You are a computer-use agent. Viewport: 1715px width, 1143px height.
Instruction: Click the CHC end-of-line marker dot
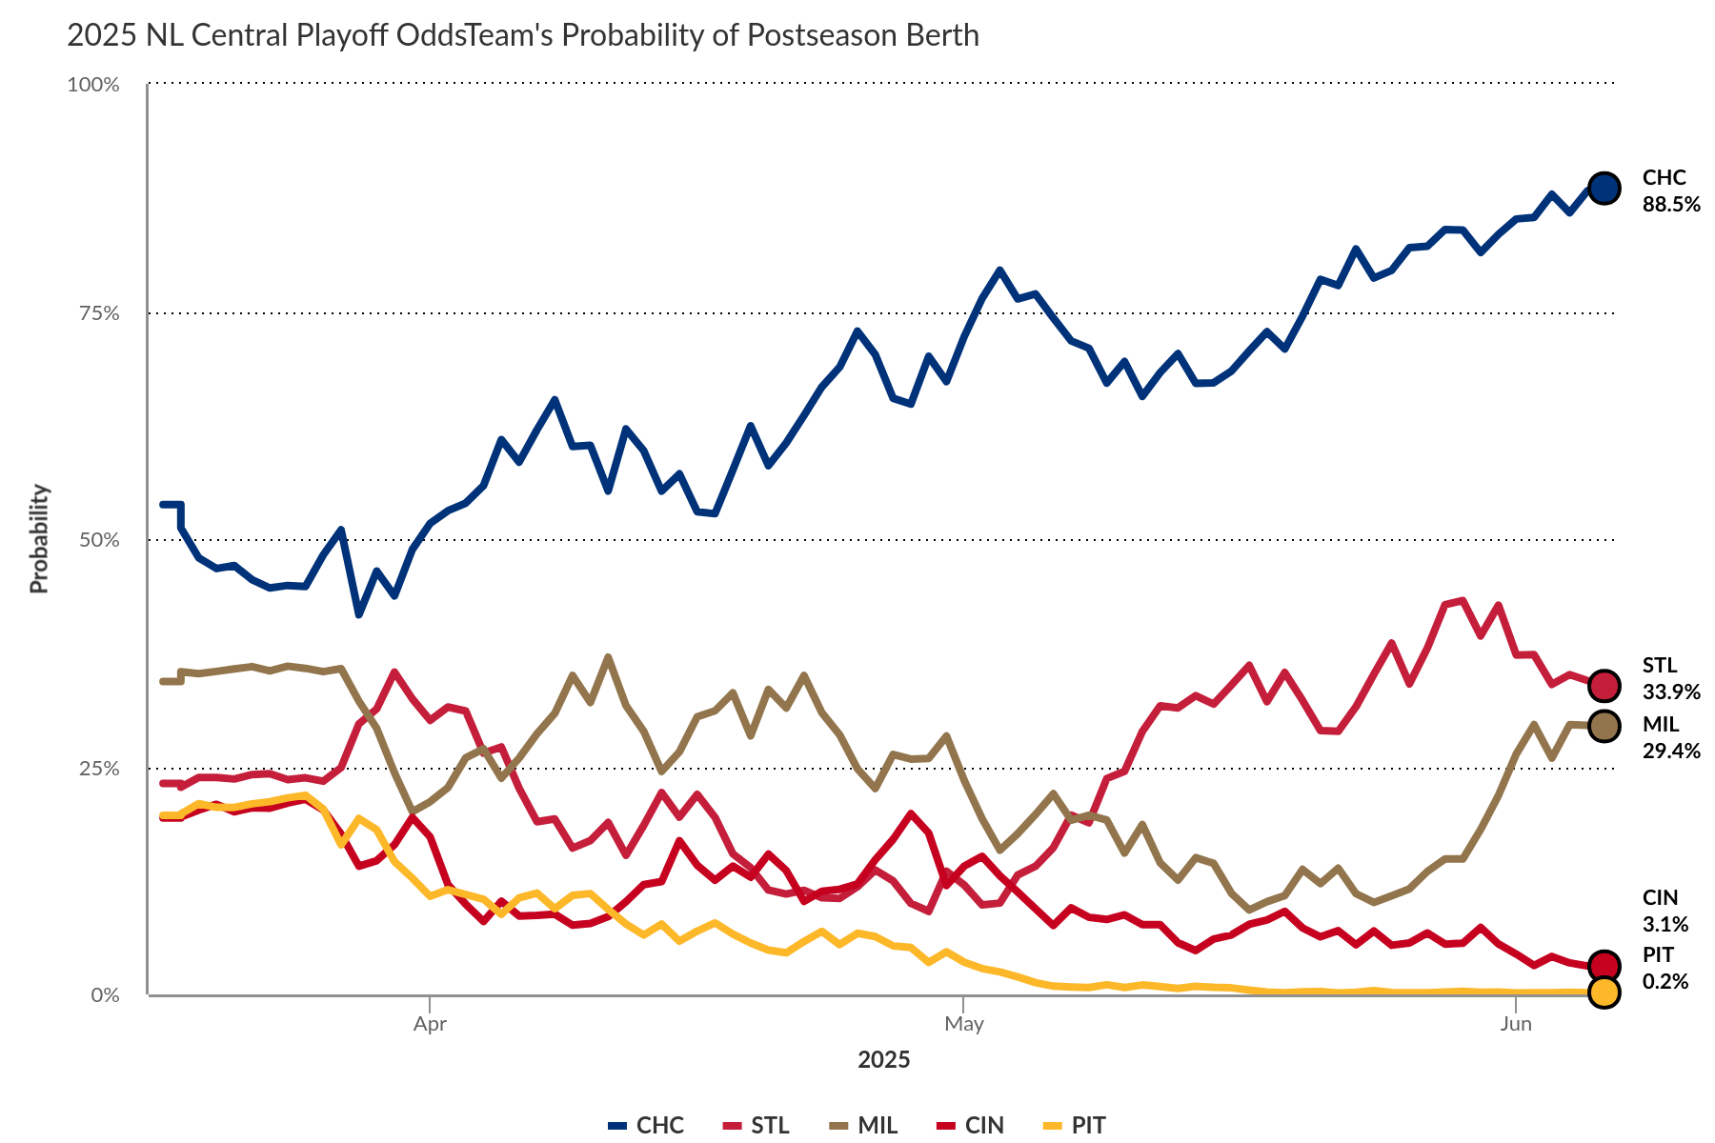coord(1604,189)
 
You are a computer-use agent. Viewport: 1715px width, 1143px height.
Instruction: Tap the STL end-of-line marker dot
coord(1604,685)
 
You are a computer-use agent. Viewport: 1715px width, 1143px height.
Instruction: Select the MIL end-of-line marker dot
coord(1604,726)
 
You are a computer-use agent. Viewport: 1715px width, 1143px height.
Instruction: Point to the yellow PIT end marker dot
coord(1604,993)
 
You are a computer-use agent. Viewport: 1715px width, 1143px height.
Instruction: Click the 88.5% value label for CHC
coord(1670,204)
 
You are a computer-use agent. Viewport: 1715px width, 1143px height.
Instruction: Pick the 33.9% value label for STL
coord(1670,692)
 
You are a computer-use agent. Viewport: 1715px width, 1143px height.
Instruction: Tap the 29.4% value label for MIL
coord(1670,751)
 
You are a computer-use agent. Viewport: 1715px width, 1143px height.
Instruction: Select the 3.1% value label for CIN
coord(1665,924)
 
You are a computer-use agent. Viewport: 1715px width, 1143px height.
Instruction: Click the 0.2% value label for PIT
coord(1665,981)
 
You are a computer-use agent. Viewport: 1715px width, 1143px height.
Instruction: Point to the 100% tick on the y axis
coord(93,85)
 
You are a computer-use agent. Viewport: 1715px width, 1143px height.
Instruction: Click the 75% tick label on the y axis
coord(98,312)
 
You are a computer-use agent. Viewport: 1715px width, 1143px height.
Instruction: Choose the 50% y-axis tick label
coord(98,540)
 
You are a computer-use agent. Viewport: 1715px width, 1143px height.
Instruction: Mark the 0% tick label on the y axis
coord(104,995)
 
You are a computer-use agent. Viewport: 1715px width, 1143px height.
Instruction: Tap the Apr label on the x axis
coord(430,1024)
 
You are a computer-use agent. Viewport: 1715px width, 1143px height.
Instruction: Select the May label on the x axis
coord(963,1024)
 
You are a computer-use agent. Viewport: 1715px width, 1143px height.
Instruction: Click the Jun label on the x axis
coord(1515,1024)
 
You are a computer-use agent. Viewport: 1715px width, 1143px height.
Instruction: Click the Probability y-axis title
coord(39,539)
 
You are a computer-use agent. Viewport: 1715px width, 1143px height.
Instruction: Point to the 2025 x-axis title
coord(883,1060)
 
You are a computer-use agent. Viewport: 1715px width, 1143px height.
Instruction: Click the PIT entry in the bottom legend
coord(1075,1125)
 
